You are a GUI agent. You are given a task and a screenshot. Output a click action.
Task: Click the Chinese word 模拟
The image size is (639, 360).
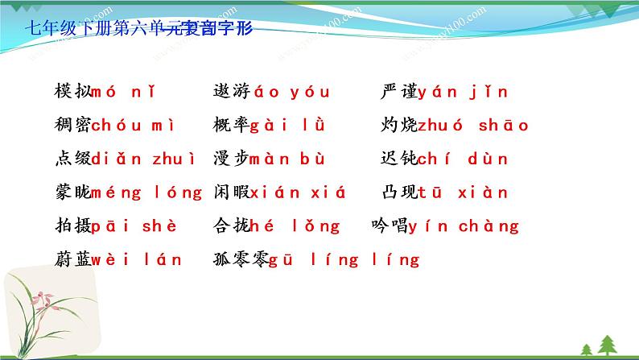pos(70,92)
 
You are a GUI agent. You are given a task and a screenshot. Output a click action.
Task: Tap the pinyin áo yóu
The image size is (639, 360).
pos(291,92)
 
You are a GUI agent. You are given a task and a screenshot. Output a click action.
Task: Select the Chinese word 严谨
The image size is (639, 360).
pos(399,92)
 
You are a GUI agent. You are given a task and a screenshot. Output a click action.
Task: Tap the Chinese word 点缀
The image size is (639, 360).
pos(70,159)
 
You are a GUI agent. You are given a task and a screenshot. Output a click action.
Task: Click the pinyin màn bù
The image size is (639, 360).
pos(286,159)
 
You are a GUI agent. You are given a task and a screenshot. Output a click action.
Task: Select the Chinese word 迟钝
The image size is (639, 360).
pos(399,159)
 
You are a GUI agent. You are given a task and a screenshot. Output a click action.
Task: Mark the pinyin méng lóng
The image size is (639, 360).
pos(147,193)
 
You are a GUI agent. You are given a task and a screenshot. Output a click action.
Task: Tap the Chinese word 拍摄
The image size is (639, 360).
pos(70,227)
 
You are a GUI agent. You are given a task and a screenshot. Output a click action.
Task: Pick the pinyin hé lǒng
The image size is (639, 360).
pos(295,227)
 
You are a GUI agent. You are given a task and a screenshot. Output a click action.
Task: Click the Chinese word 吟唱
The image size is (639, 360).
pos(390,227)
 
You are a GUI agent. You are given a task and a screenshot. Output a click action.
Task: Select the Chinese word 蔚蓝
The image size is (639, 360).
pos(70,260)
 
